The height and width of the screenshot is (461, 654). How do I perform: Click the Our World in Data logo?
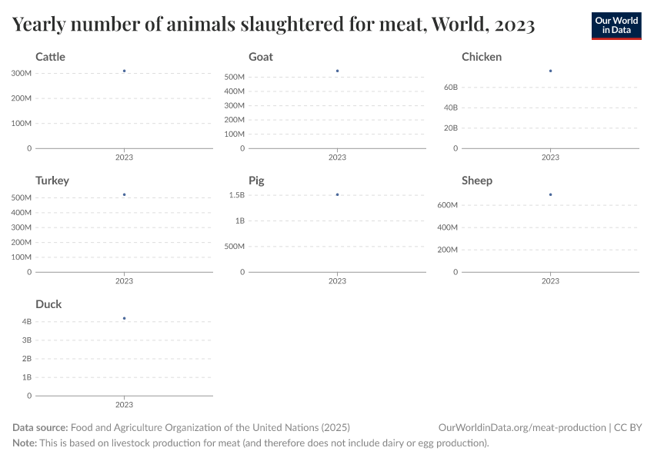tap(616, 25)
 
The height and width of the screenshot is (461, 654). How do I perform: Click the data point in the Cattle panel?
tap(124, 71)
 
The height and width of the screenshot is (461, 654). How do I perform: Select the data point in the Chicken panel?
tap(550, 71)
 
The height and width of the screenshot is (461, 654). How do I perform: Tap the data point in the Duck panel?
tap(124, 318)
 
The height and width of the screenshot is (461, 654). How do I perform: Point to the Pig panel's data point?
tap(337, 194)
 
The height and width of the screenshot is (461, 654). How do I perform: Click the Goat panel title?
tap(260, 57)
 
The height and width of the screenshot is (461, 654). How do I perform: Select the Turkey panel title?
tap(52, 181)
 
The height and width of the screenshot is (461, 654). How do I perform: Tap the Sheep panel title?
tap(477, 181)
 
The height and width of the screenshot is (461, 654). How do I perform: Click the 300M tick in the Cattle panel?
tap(22, 73)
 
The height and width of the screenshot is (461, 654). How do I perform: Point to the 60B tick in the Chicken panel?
tap(451, 88)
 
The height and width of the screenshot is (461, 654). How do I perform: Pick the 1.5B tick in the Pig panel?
tap(236, 195)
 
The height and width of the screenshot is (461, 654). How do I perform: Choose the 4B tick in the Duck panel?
tap(26, 321)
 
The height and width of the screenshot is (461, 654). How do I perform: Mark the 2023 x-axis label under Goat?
tap(337, 158)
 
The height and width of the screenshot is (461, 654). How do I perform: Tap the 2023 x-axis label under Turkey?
tap(124, 281)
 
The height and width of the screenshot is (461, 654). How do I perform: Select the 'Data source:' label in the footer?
tap(40, 428)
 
